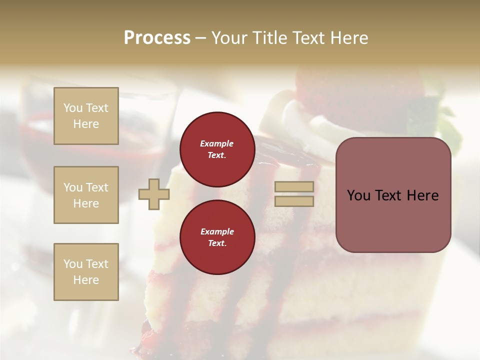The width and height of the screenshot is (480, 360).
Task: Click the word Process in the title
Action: [157, 37]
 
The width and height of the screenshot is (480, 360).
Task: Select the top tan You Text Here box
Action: [86, 116]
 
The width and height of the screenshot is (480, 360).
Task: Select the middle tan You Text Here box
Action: [86, 195]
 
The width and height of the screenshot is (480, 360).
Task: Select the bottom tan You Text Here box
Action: [86, 272]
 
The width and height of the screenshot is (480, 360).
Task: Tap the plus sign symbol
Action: [153, 194]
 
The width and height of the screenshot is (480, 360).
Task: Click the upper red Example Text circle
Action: [217, 149]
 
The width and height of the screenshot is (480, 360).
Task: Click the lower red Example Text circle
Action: [217, 237]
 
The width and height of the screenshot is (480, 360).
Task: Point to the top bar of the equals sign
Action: [294, 187]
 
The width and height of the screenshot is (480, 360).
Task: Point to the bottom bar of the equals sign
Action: [294, 201]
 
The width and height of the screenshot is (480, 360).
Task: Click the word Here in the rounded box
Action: [422, 195]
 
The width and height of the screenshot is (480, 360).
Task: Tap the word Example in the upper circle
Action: [217, 143]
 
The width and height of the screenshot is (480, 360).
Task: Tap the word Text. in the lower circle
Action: [217, 243]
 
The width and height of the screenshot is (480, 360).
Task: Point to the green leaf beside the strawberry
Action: [450, 125]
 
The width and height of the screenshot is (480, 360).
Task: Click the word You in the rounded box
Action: [359, 195]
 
